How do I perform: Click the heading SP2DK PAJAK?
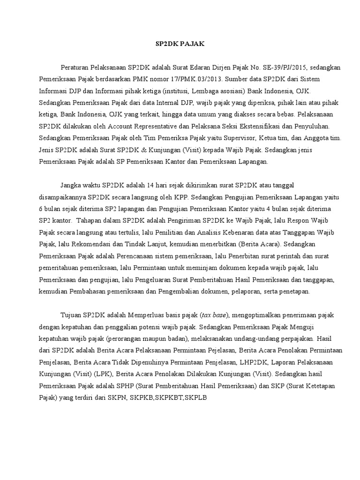tap(180, 44)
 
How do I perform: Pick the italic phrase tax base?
tap(214, 315)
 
